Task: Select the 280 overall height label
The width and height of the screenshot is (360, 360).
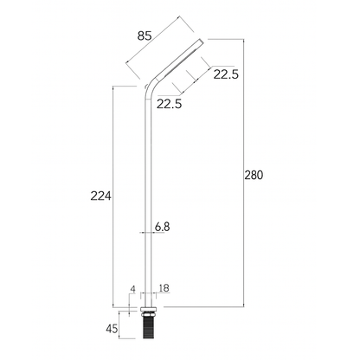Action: [x=253, y=175]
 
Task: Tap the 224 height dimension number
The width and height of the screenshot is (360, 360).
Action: [x=102, y=196]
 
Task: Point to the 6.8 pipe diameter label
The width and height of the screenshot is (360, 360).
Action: [x=163, y=227]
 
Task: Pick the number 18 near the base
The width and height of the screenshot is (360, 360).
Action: [x=164, y=288]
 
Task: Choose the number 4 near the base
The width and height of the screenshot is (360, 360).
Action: [x=132, y=288]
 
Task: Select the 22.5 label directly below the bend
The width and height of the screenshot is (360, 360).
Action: [x=170, y=105]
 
